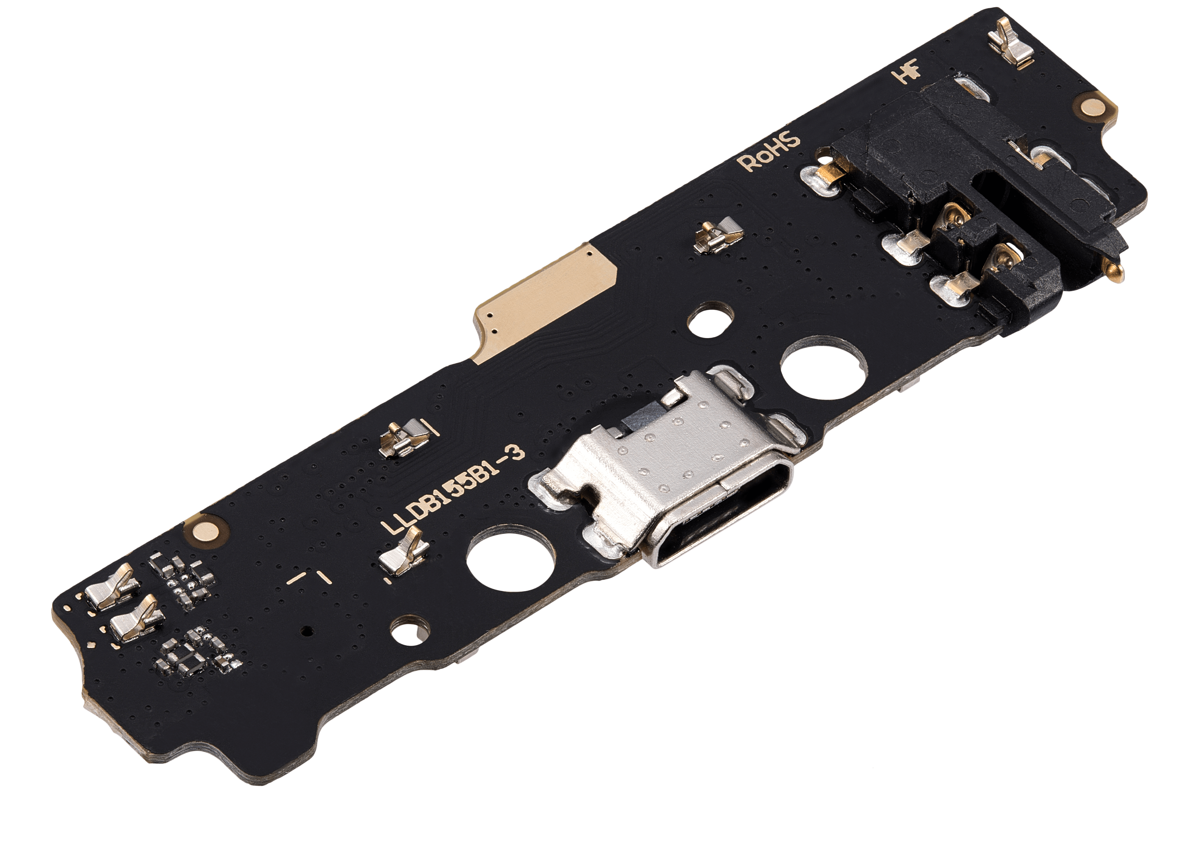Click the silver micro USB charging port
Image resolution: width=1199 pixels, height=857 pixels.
click(x=670, y=467)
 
